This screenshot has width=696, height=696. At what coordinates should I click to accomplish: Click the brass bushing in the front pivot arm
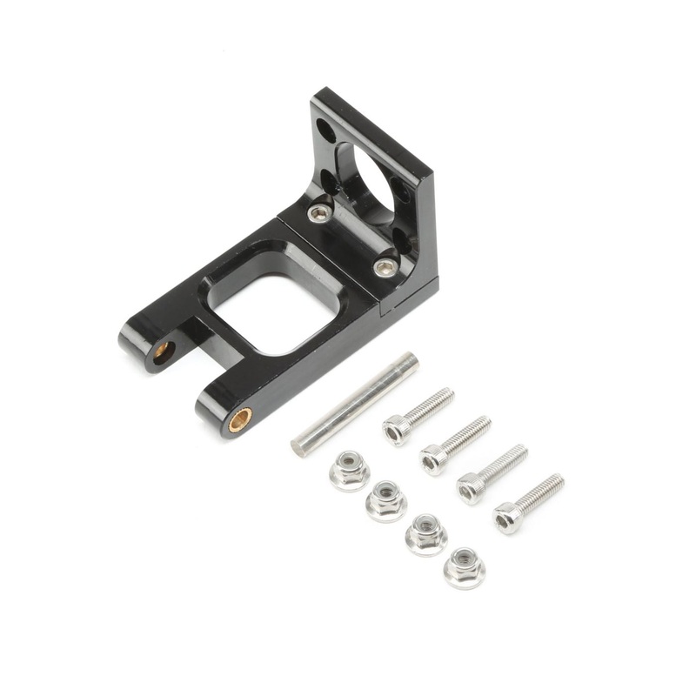click(x=242, y=417)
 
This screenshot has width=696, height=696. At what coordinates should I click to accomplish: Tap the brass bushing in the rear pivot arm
click(x=164, y=352)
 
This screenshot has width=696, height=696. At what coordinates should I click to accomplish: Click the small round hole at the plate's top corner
click(x=324, y=131)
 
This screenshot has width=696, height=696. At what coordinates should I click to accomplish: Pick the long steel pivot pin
click(x=354, y=404)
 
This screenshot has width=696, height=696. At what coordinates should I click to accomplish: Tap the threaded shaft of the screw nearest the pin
click(x=431, y=406)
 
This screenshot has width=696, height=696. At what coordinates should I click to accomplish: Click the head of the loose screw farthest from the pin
click(x=509, y=519)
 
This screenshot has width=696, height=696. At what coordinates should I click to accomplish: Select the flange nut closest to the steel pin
click(x=350, y=471)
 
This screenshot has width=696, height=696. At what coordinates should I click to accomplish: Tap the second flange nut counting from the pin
click(x=385, y=501)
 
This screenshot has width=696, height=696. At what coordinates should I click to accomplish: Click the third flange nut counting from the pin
click(x=425, y=533)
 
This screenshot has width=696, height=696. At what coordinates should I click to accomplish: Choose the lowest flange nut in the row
click(x=464, y=567)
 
